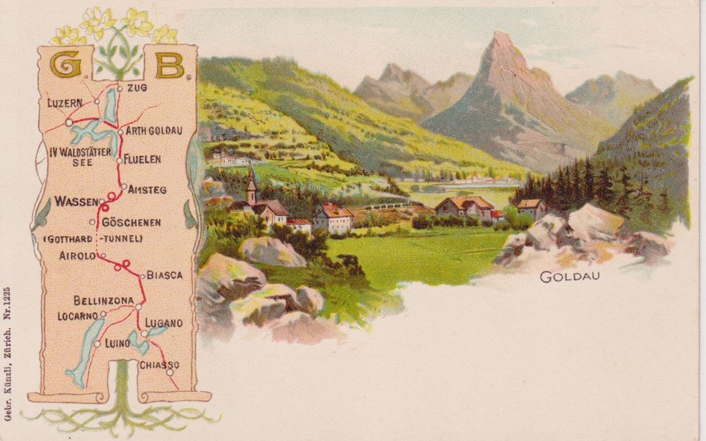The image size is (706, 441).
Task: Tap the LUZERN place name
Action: pyautogui.click(x=65, y=103)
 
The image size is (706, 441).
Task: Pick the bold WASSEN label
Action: pyautogui.click(x=76, y=202)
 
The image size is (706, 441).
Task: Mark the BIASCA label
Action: pyautogui.click(x=164, y=275)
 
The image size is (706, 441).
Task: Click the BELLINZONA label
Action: pyautogui.click(x=103, y=301)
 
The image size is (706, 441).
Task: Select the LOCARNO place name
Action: pyautogui.click(x=78, y=316)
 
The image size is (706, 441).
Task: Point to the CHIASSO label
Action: pyautogui.click(x=159, y=365)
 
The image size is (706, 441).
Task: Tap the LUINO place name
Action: pyautogui.click(x=117, y=344)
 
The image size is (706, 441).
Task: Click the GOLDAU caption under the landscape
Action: pyautogui.click(x=570, y=277)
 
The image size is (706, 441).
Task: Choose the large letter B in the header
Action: pyautogui.click(x=169, y=66)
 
